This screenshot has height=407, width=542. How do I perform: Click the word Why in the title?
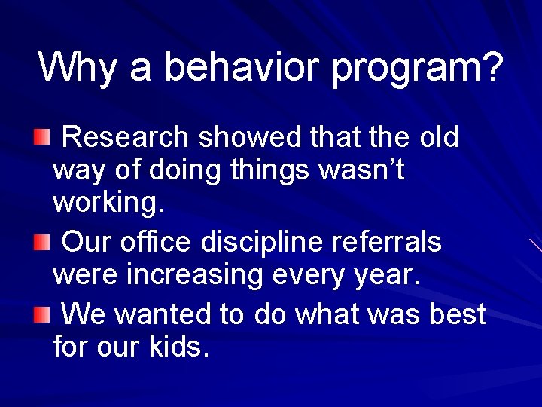[77, 67]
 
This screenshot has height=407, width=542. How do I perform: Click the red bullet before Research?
[43, 138]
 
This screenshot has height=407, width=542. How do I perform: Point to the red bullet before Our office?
[43, 242]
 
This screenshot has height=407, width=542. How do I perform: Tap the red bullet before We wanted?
[43, 313]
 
